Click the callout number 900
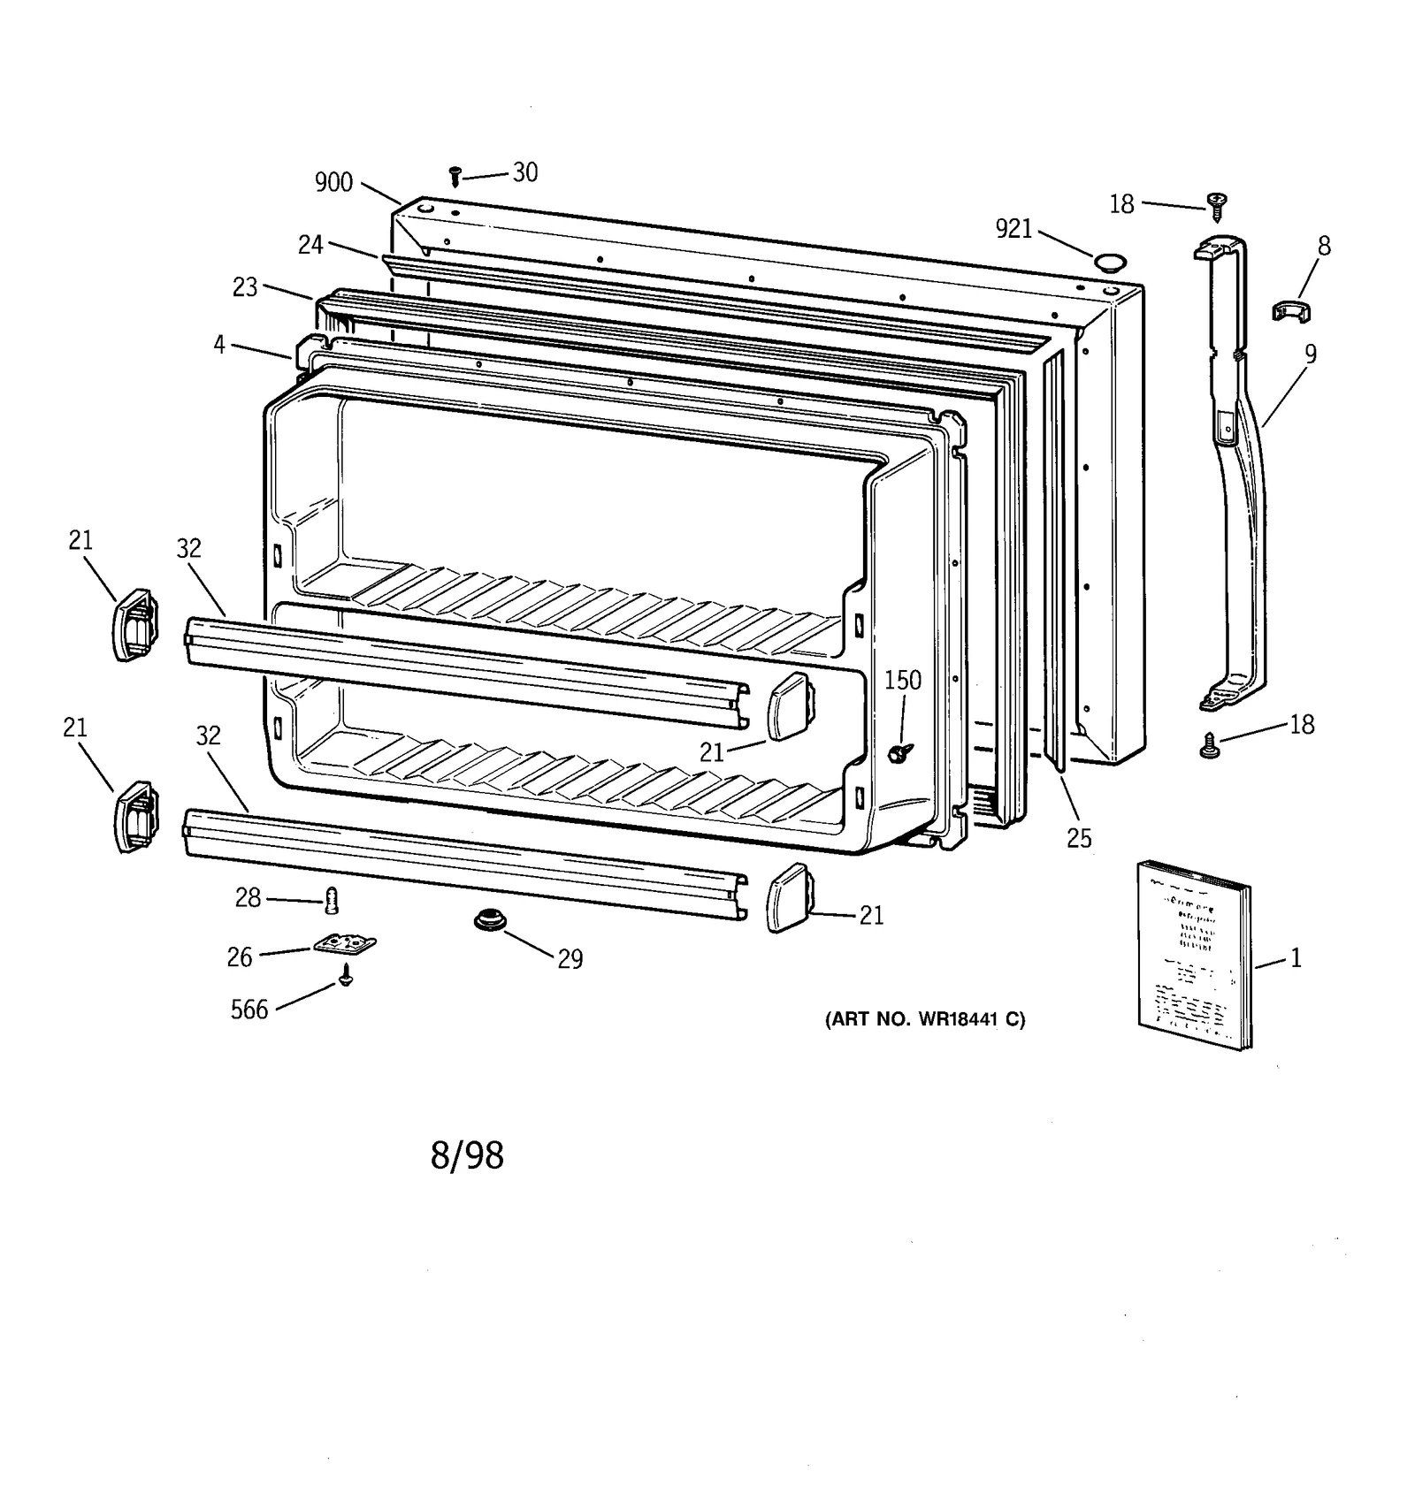(333, 183)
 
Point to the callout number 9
(1310, 354)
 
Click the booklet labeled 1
(1194, 955)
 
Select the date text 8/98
(467, 1156)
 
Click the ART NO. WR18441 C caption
(925, 1019)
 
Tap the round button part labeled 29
(489, 921)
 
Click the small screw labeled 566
(347, 975)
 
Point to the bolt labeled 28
(333, 901)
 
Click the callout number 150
(903, 680)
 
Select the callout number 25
(1079, 838)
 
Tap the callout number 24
(310, 245)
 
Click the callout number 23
(245, 287)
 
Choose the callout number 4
(218, 345)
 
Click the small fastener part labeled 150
(901, 752)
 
